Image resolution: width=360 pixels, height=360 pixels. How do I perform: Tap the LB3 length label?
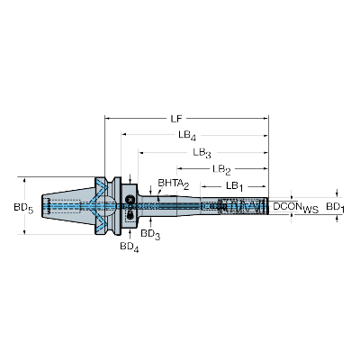[x=204, y=153]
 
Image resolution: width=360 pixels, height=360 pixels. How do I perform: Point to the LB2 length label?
[x=221, y=169]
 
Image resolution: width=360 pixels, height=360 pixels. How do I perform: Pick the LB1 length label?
[x=234, y=186]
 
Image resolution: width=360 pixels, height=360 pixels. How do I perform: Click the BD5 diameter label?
[x=25, y=208]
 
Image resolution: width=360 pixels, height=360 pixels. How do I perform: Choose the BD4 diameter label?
[x=130, y=246]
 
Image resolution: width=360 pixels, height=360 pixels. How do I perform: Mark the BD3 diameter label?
[x=151, y=235]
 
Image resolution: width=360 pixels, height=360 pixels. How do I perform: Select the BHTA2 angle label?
[x=173, y=184]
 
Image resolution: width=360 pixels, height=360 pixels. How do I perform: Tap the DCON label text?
[x=288, y=207]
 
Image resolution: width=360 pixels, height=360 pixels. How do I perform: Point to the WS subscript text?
[x=311, y=211]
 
